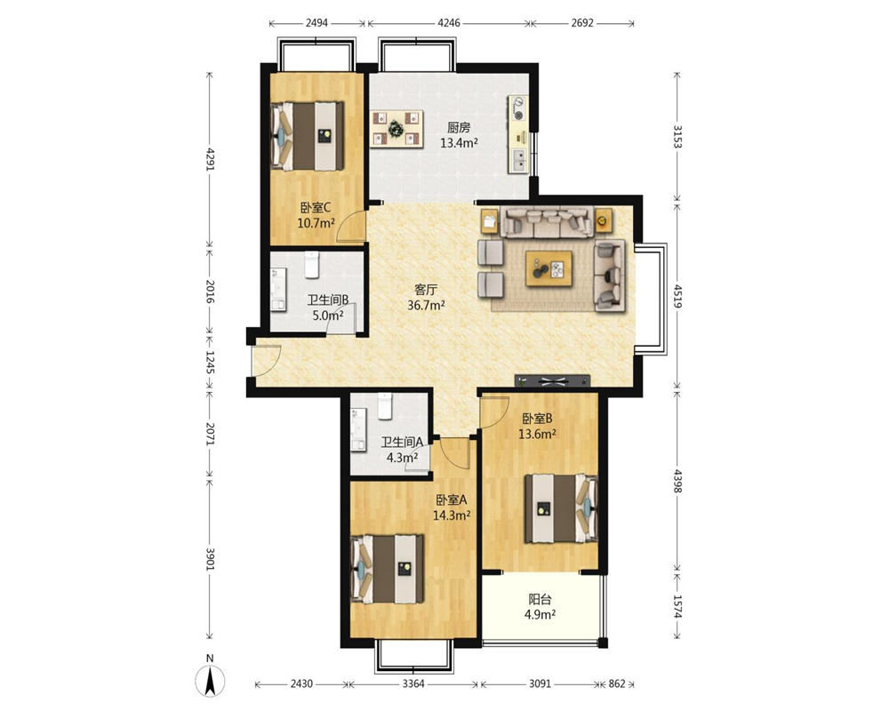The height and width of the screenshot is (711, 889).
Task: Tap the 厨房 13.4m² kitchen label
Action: pos(459,135)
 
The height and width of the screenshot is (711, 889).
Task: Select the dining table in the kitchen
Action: pos(397,128)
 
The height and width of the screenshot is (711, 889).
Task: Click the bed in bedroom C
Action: pos(307,135)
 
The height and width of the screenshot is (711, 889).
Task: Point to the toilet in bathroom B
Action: pos(312,265)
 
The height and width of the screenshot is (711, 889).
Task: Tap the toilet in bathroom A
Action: pos(385,406)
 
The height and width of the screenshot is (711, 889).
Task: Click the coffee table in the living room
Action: pos(549,268)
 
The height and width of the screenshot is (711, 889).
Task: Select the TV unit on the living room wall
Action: pos(552,380)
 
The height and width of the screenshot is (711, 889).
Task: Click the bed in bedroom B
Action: pos(561,508)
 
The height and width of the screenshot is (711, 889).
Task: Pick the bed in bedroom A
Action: pos(388,568)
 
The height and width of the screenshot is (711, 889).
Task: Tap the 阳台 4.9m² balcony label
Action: pos(540,607)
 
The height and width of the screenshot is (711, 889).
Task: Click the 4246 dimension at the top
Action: pos(449,23)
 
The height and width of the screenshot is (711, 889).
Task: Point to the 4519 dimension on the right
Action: pos(677,296)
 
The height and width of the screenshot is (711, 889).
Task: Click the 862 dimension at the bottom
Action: pos(617,683)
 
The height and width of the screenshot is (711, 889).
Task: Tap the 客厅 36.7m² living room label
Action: pos(426,298)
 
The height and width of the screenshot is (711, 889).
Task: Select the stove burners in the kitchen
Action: pos(518,108)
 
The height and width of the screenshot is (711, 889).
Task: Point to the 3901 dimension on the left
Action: pos(210,559)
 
